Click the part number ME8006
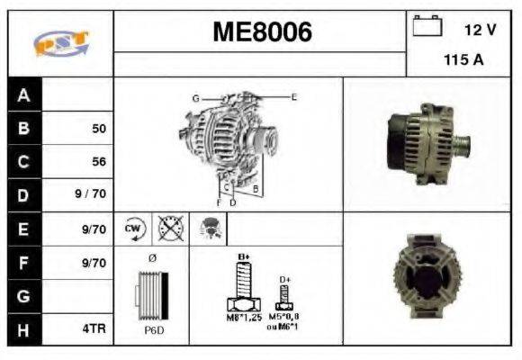click(x=262, y=33)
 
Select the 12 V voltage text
click(x=480, y=30)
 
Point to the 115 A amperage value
click(x=464, y=61)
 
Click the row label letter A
click(x=23, y=94)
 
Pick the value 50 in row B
click(x=99, y=129)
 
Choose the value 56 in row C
click(x=99, y=162)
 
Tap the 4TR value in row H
click(x=94, y=329)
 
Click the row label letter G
click(x=23, y=296)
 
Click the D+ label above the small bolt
click(x=284, y=280)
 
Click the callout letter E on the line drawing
click(x=293, y=95)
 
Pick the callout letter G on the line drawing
click(x=195, y=97)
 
